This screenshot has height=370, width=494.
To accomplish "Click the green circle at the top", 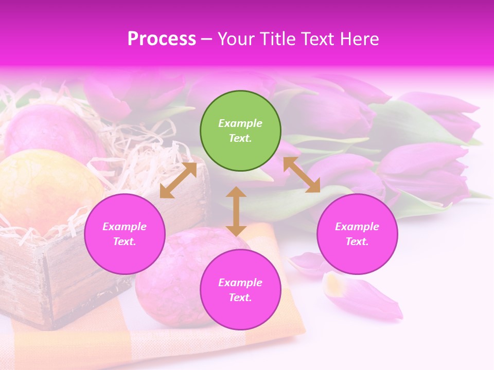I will (x=240, y=131).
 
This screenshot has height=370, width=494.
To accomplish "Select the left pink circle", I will (x=125, y=234).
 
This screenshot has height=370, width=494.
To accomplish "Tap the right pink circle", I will (x=357, y=234).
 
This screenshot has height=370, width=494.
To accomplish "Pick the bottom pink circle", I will (x=240, y=290).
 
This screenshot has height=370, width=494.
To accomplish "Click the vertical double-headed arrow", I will (x=236, y=211).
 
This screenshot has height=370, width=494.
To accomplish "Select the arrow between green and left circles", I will (x=178, y=180).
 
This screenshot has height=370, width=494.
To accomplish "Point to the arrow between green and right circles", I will (x=302, y=175).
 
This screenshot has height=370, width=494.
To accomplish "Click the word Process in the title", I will (x=162, y=39).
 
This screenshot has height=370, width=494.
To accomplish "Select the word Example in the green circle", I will (x=240, y=123).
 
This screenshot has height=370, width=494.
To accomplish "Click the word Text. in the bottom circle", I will (x=240, y=298).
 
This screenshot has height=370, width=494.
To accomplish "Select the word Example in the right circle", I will (x=357, y=227).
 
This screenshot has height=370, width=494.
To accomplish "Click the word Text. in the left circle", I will (x=125, y=242).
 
